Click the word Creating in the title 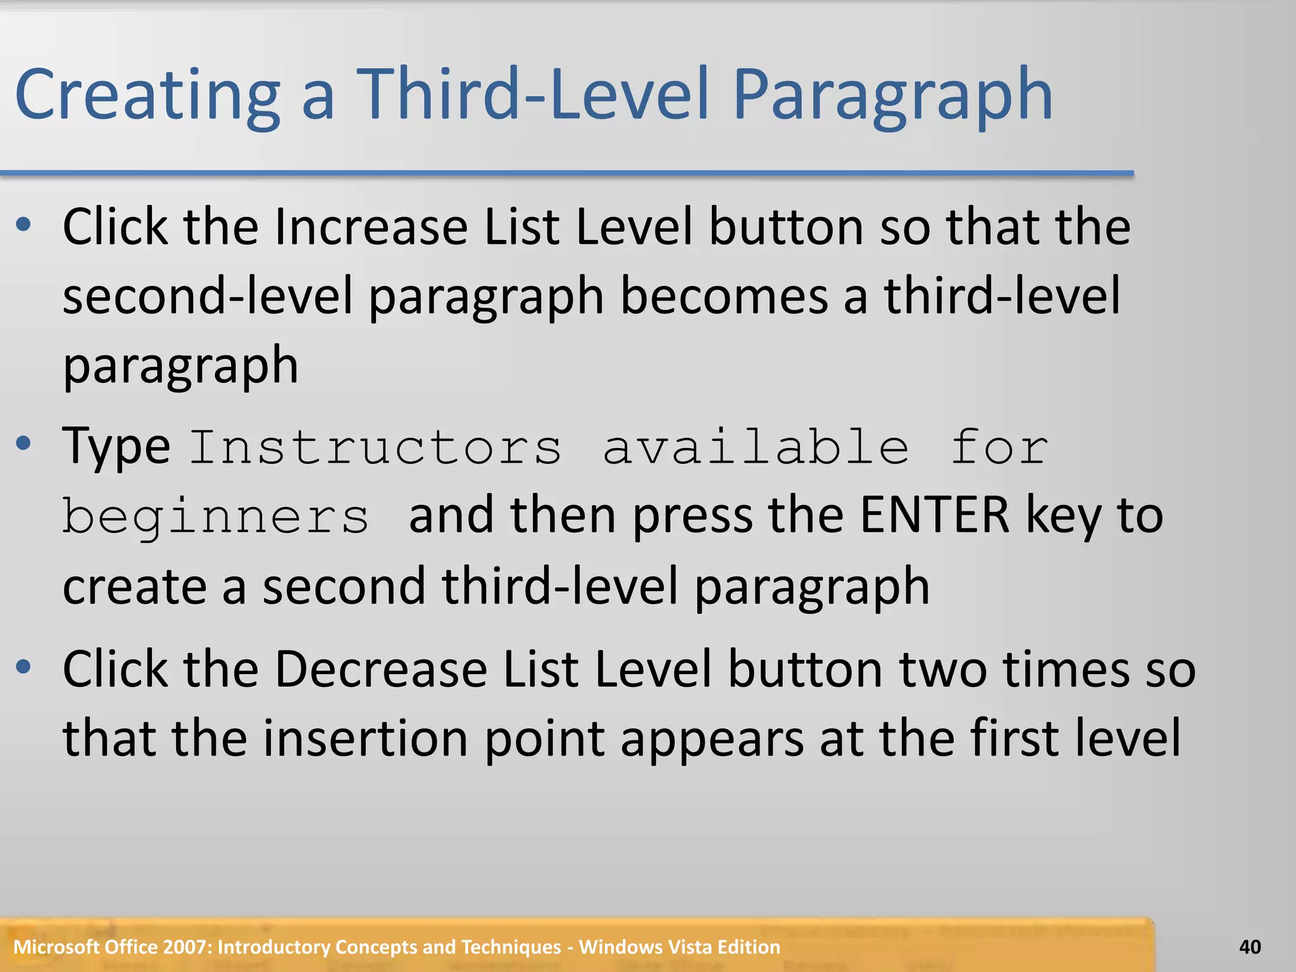(x=147, y=95)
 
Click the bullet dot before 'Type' (x=23, y=444)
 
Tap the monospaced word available (x=756, y=447)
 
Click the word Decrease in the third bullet (x=380, y=669)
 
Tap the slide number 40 (x=1250, y=947)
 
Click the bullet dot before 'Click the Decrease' (x=23, y=666)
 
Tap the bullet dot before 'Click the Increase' (x=23, y=224)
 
